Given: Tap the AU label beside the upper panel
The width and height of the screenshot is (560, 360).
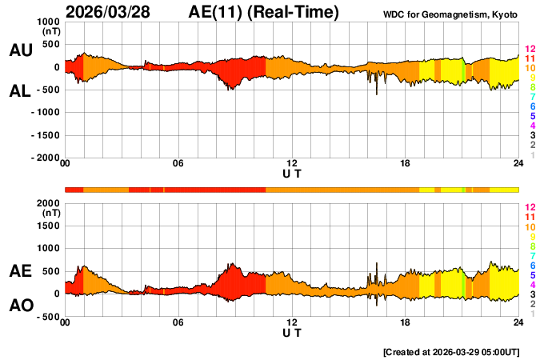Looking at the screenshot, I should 20,50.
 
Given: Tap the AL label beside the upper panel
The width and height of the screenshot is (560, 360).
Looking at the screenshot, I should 20,91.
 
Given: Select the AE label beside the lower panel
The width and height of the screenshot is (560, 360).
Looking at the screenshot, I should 20,271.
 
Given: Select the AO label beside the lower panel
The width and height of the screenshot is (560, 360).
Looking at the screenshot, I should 20,306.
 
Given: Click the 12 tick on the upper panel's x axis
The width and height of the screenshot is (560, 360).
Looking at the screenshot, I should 292,164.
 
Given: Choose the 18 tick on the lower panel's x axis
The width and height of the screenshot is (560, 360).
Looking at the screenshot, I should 406,322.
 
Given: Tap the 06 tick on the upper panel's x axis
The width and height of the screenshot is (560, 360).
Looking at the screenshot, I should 178,164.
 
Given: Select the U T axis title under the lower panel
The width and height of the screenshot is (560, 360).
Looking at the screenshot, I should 292,332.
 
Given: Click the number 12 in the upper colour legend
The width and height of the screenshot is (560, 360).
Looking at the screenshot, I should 529,50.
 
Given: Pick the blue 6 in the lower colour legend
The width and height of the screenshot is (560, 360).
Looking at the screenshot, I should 532,265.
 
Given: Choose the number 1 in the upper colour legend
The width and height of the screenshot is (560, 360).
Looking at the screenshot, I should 532,155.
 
